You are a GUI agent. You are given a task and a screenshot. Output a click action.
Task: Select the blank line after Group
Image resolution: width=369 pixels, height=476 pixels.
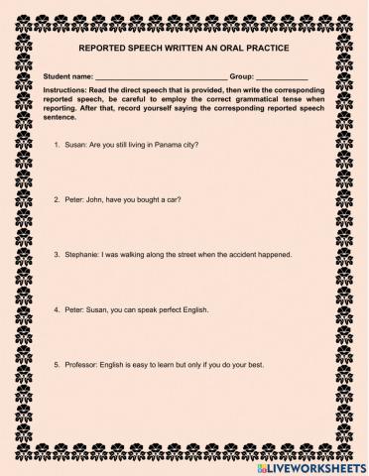coord(282,76)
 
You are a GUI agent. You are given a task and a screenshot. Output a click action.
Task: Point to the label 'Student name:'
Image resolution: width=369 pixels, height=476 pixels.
coord(68,76)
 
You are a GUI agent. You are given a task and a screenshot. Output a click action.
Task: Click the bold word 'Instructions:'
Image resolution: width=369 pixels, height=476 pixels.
coord(65,90)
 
